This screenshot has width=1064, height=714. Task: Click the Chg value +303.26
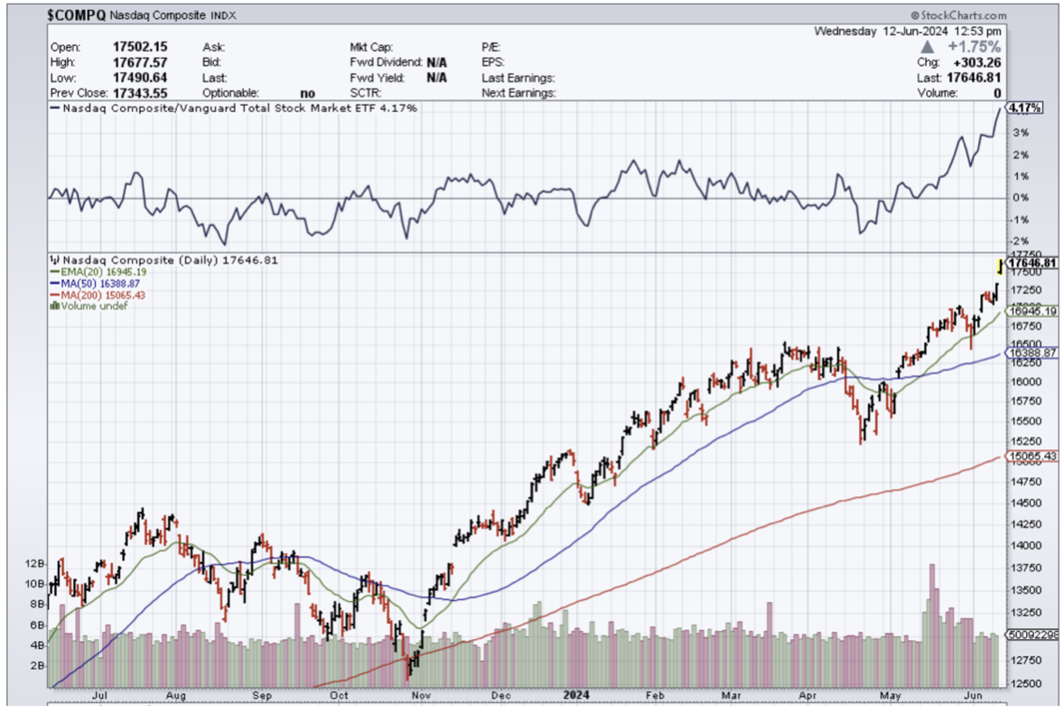pos(976,62)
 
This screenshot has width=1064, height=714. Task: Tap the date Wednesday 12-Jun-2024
pos(880,31)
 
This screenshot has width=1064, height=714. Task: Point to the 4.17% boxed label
pos(1024,108)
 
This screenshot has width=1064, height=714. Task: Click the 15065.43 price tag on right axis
pos(1031,457)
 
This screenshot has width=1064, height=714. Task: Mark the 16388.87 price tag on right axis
pos(1031,352)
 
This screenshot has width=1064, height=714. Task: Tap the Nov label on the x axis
pos(421,696)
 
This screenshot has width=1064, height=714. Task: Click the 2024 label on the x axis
pos(575,696)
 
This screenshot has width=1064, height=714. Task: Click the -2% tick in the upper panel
pos(1018,240)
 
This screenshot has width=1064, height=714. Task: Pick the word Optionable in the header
pos(231,92)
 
